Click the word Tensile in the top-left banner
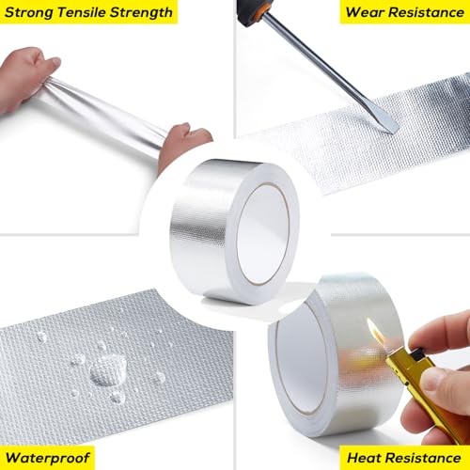[80, 12]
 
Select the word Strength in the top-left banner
[141, 12]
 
